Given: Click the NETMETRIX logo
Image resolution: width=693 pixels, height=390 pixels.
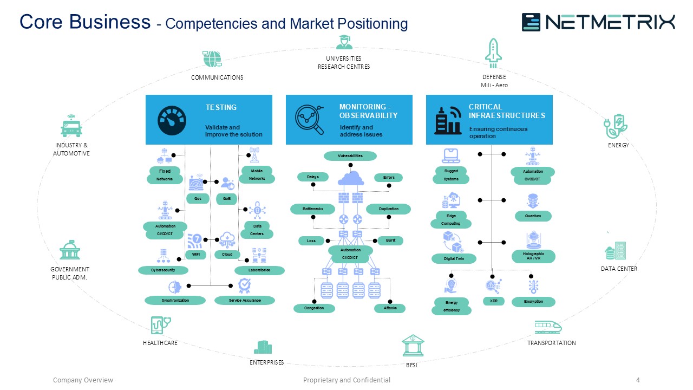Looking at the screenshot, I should click(x=598, y=22).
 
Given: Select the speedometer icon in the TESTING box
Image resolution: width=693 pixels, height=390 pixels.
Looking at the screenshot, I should click(x=172, y=120).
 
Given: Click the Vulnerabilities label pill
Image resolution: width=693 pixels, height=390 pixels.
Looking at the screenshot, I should click(x=350, y=156).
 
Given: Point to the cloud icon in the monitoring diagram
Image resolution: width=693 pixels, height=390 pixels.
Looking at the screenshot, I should click(x=351, y=178).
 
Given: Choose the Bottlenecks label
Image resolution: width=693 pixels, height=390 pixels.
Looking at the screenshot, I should click(x=313, y=209).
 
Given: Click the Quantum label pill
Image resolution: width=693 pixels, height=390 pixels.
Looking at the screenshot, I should click(x=533, y=216).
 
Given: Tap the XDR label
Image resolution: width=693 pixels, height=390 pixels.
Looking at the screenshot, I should click(x=494, y=301).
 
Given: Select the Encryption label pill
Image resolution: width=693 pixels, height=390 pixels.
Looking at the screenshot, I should click(x=533, y=301).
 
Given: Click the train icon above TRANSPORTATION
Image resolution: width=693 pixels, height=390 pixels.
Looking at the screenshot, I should click(x=547, y=327).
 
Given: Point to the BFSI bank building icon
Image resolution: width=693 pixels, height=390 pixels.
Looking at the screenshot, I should click(x=413, y=346).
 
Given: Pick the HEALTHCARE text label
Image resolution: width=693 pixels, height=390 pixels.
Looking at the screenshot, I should click(x=160, y=343).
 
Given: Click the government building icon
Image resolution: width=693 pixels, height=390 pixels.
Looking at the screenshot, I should click(x=70, y=251).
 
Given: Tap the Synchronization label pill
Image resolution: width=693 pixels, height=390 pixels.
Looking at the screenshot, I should click(x=175, y=300).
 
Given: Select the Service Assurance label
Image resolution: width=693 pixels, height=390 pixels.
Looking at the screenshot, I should click(x=245, y=300).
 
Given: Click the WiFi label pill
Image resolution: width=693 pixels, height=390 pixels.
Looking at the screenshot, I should click(x=195, y=254).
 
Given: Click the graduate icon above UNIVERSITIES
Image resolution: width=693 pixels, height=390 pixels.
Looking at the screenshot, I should click(x=344, y=43).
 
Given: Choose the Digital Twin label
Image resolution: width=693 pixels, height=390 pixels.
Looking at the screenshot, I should click(x=454, y=259).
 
